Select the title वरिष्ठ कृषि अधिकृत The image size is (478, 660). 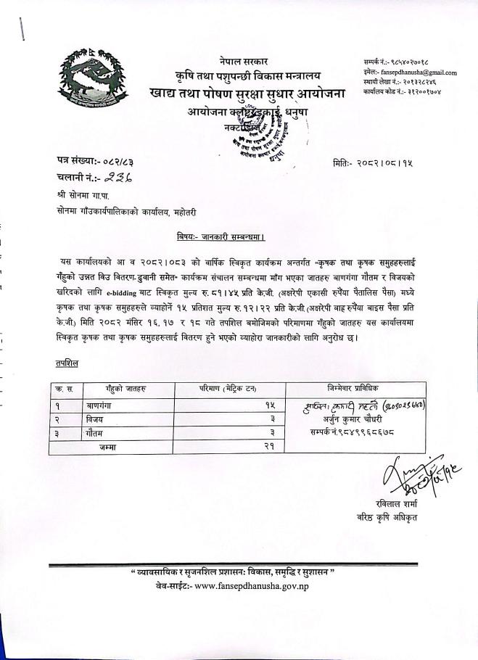[x=387, y=516]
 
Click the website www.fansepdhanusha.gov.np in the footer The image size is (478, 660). [x=252, y=585]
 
